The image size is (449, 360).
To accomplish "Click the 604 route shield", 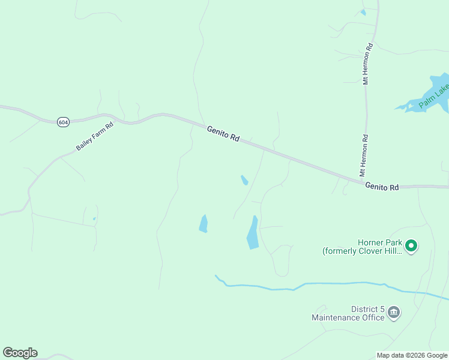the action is click(63, 122).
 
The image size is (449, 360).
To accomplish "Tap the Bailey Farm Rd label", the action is click(95, 137).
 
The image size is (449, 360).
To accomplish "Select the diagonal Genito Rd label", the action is click(223, 133).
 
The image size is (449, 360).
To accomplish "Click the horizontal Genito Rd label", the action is click(382, 187).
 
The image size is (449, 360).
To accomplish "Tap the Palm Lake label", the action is click(434, 96).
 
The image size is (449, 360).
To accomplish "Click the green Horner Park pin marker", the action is click(411, 246).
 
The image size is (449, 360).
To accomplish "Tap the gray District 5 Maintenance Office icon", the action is click(394, 312).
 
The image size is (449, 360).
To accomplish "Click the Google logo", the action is click(20, 353).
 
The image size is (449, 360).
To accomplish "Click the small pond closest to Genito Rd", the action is click(244, 180).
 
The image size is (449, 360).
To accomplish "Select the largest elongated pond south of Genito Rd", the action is click(253, 233).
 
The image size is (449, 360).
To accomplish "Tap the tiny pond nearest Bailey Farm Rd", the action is click(94, 219).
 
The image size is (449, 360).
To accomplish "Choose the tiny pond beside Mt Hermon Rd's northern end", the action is click(363, 13).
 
